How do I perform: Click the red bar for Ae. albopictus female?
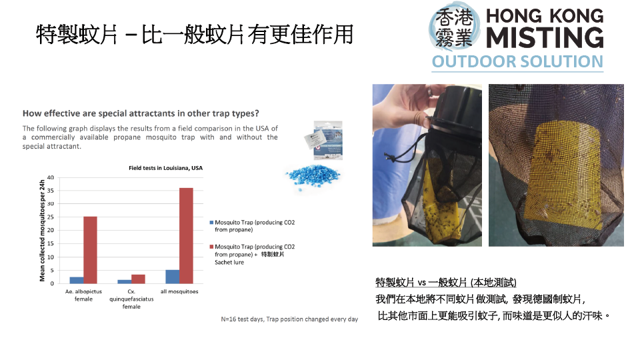pos(90,250)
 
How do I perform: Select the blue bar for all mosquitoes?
pos(172,276)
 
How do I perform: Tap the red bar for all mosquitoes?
pos(186,235)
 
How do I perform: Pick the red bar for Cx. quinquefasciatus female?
pos(138,279)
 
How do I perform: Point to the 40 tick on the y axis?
pos(50,177)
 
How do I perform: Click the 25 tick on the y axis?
pos(50,217)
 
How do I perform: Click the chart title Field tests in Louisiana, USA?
pos(166,168)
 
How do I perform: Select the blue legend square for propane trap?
pos(211,223)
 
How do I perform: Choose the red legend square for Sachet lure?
pos(211,247)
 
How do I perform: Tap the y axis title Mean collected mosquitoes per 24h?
pos(42,231)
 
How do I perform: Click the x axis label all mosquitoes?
pos(179,291)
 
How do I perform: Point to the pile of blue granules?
pos(312,177)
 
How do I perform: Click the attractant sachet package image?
pos(324,140)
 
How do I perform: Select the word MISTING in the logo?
pos(545,37)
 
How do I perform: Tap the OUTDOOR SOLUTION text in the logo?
pos(517,61)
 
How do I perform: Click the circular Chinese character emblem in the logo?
pos(454,27)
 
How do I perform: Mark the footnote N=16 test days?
pos(289,319)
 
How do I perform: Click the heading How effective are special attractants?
pos(141,113)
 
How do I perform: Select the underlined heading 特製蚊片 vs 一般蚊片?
pos(446,283)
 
